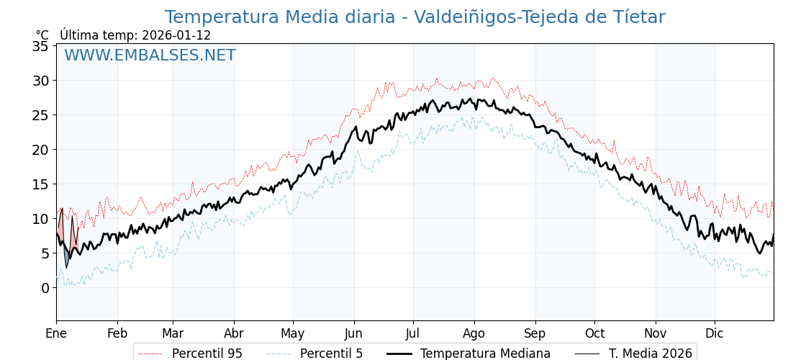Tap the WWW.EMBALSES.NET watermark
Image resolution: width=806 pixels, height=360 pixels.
point(150,55)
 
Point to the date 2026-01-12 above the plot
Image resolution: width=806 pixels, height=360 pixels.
point(176,35)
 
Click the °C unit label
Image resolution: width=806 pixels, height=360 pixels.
point(42,35)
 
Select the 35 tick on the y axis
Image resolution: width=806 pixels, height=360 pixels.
point(40,46)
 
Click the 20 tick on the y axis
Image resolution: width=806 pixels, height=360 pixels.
point(40,150)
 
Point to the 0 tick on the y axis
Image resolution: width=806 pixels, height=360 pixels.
point(45,288)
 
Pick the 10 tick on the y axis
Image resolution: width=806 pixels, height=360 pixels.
point(40,219)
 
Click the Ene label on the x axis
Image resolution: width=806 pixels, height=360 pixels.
point(56,334)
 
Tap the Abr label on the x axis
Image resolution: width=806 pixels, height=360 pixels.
point(234,334)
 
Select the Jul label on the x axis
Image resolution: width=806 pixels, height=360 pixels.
point(413,334)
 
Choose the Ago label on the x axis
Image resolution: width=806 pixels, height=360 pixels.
point(474,334)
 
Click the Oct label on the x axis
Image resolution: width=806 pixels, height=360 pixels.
point(594,334)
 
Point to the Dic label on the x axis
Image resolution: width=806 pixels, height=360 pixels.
point(715,334)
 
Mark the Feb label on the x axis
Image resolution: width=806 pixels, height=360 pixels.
point(117,334)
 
